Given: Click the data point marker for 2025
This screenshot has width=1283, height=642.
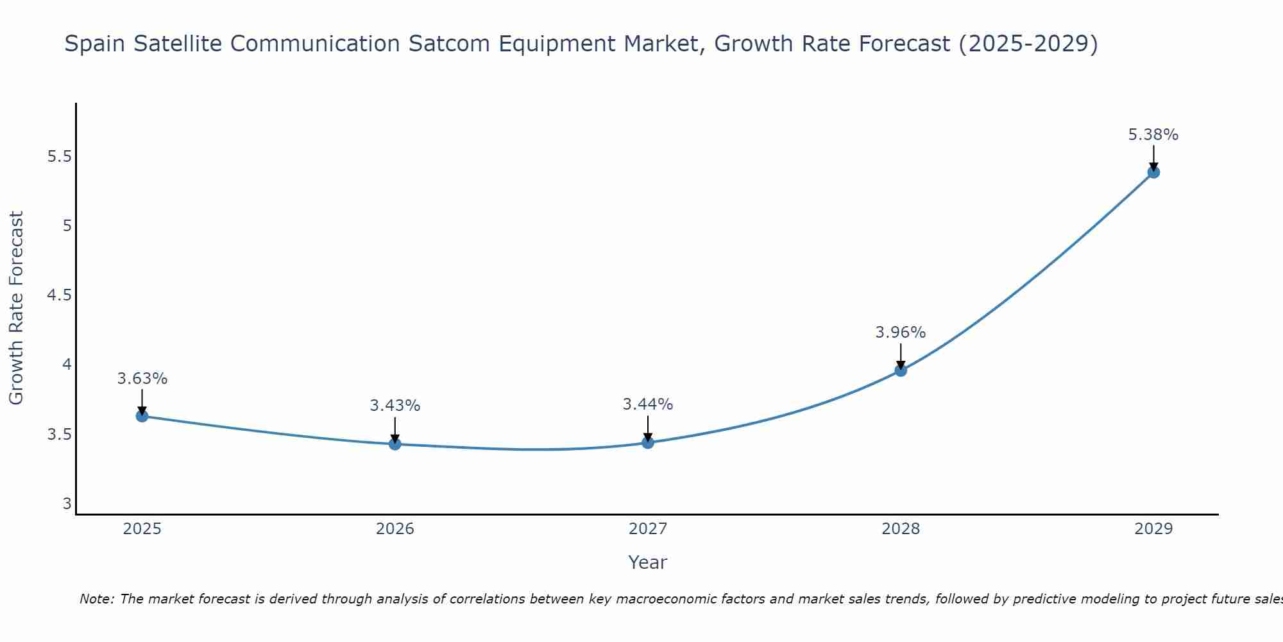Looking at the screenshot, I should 142,416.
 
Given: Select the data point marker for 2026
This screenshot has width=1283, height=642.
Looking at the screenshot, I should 395,444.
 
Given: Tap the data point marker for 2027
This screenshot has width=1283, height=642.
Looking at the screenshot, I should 647,442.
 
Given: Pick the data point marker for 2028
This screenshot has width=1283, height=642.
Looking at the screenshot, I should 900,370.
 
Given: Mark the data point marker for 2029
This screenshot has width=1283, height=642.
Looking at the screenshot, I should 1153,172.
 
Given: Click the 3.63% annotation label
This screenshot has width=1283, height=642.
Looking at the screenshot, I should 142,379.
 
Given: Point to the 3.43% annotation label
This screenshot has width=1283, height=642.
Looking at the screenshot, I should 395,406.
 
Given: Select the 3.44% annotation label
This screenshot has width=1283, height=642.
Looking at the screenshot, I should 647,404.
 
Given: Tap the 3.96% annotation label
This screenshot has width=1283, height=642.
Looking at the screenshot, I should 900,333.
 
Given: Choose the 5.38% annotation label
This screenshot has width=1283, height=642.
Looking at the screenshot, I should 1153,135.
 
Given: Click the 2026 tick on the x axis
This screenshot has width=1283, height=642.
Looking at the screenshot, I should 395,529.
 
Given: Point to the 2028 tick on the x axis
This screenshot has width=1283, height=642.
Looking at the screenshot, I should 900,529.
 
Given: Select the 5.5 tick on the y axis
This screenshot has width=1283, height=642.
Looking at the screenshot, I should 59,157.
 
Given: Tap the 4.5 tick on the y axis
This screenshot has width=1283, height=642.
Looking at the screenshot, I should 59,295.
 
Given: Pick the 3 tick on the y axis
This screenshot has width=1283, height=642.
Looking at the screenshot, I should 67,504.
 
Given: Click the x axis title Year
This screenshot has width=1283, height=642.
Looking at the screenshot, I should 647,562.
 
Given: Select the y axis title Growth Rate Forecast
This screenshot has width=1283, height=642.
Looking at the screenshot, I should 16,308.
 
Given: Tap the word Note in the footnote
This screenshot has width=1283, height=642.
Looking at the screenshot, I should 96,599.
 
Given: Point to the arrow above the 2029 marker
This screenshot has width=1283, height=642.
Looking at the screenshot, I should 1153,157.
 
